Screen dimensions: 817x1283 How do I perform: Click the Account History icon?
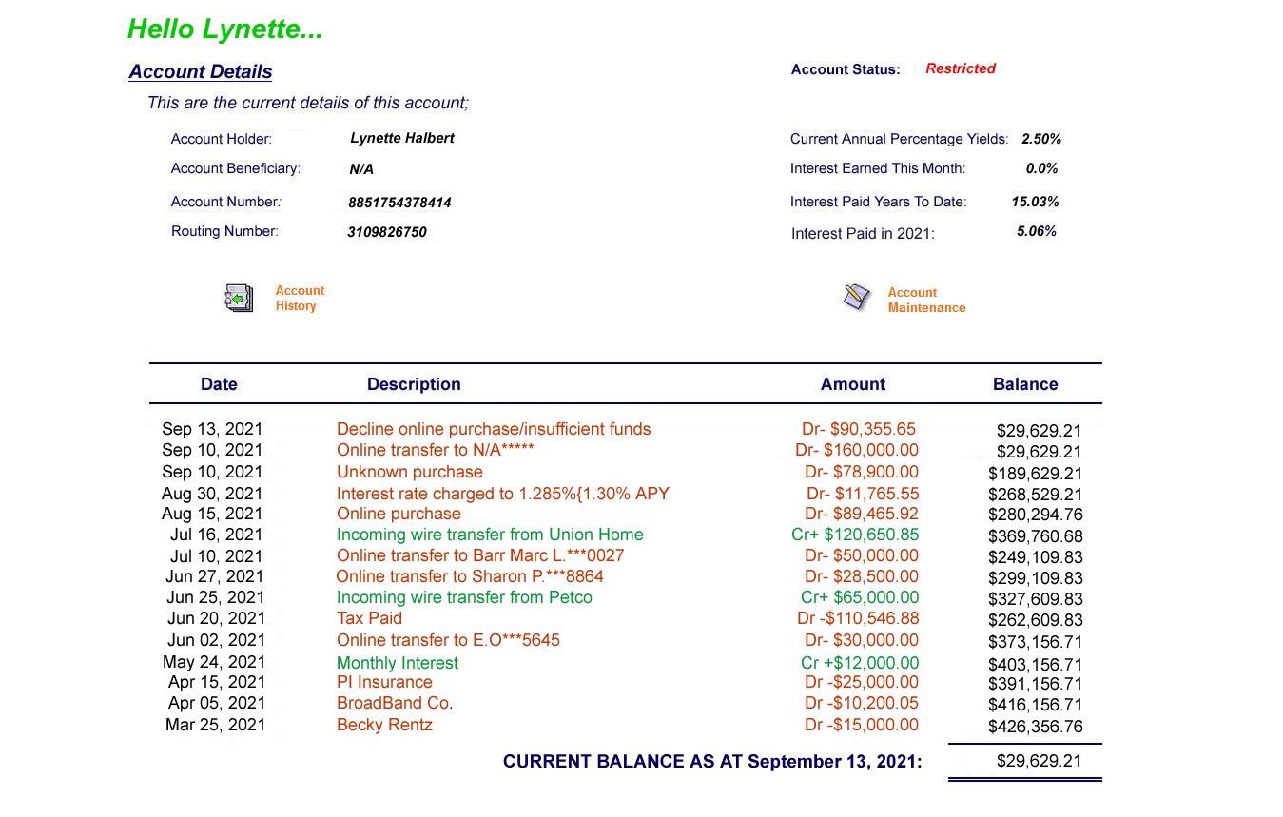[x=239, y=298]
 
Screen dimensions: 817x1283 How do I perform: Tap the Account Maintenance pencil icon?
[x=856, y=297]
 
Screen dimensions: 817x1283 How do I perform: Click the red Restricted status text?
[x=960, y=68]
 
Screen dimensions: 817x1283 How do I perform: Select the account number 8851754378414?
[x=399, y=203]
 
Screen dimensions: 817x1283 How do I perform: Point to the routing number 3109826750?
[x=386, y=232]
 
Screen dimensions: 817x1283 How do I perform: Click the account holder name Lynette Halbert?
[x=401, y=138]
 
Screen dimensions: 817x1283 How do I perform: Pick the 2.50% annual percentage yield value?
[x=1040, y=139]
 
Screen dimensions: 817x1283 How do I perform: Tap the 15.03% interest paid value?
[x=1035, y=202]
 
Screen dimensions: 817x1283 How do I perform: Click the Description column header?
[x=414, y=384]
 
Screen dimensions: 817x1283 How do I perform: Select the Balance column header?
[x=1024, y=384]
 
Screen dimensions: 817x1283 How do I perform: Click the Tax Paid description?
[x=369, y=618]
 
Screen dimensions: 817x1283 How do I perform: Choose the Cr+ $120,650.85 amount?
[x=855, y=535]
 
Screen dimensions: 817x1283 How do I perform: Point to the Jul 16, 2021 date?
[x=216, y=535]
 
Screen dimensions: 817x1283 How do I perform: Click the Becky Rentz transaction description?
[x=384, y=725]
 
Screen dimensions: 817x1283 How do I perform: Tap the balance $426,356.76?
[x=1035, y=727]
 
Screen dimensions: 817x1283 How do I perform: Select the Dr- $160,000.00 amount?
[x=857, y=450]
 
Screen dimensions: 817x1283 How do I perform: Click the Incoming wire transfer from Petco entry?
[x=464, y=597]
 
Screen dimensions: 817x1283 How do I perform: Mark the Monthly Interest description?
[x=398, y=663]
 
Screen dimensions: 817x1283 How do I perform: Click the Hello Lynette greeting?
[x=225, y=29]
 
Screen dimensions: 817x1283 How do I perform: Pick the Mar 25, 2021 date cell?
[x=215, y=725]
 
